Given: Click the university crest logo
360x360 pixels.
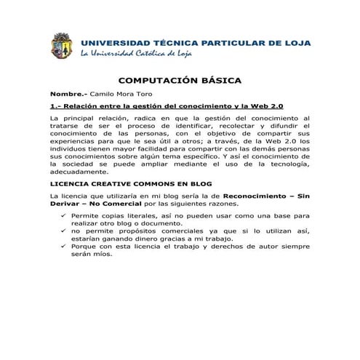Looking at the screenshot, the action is (x=62, y=46).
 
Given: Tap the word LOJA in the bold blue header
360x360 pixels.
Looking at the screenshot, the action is (x=294, y=43).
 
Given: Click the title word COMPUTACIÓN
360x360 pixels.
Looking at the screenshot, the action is (x=156, y=81).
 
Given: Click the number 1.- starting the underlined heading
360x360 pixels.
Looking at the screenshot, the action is (x=55, y=106).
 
